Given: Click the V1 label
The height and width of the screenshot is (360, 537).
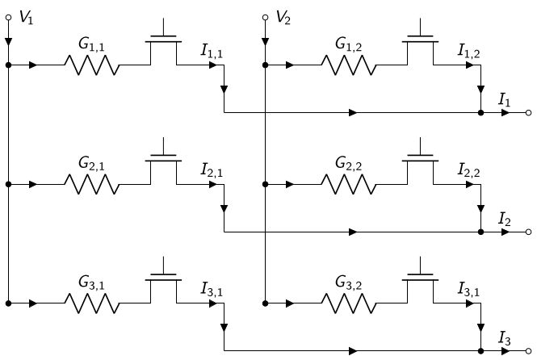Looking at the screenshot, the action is click(x=27, y=17).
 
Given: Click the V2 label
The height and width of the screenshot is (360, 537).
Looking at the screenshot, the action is click(x=283, y=17).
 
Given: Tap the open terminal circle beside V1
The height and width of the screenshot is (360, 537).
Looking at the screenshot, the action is click(x=9, y=17).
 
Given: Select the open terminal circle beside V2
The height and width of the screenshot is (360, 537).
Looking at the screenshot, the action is click(x=265, y=17).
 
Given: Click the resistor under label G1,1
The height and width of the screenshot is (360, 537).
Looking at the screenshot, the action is click(x=92, y=65).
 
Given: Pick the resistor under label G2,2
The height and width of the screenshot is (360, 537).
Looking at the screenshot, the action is click(x=349, y=184).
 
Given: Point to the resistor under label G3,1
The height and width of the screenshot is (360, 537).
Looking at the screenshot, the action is click(x=92, y=303).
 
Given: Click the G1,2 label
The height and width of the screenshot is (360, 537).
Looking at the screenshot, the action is click(x=348, y=44).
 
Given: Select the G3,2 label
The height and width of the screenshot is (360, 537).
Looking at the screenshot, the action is click(x=348, y=283).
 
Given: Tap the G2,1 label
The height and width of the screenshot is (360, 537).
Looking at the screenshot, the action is click(x=91, y=163).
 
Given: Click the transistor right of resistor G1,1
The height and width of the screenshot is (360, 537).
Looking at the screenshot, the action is click(x=163, y=41).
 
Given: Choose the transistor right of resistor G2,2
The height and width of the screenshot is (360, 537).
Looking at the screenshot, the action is click(x=420, y=161).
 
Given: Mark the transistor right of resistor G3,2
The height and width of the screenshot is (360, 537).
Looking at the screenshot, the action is click(x=420, y=280).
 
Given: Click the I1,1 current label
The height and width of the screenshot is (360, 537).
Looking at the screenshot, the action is click(x=212, y=51).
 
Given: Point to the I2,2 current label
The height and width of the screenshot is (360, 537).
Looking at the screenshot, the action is click(x=469, y=170).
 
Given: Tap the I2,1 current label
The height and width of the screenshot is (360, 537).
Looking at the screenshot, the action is click(x=212, y=170).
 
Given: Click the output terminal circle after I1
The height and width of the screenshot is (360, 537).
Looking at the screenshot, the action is click(x=528, y=112).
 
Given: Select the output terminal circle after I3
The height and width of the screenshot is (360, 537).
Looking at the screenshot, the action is click(x=528, y=351).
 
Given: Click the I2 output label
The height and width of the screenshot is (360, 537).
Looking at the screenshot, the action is click(x=505, y=219).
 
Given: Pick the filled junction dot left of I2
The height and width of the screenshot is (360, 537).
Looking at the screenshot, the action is click(x=480, y=232).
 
